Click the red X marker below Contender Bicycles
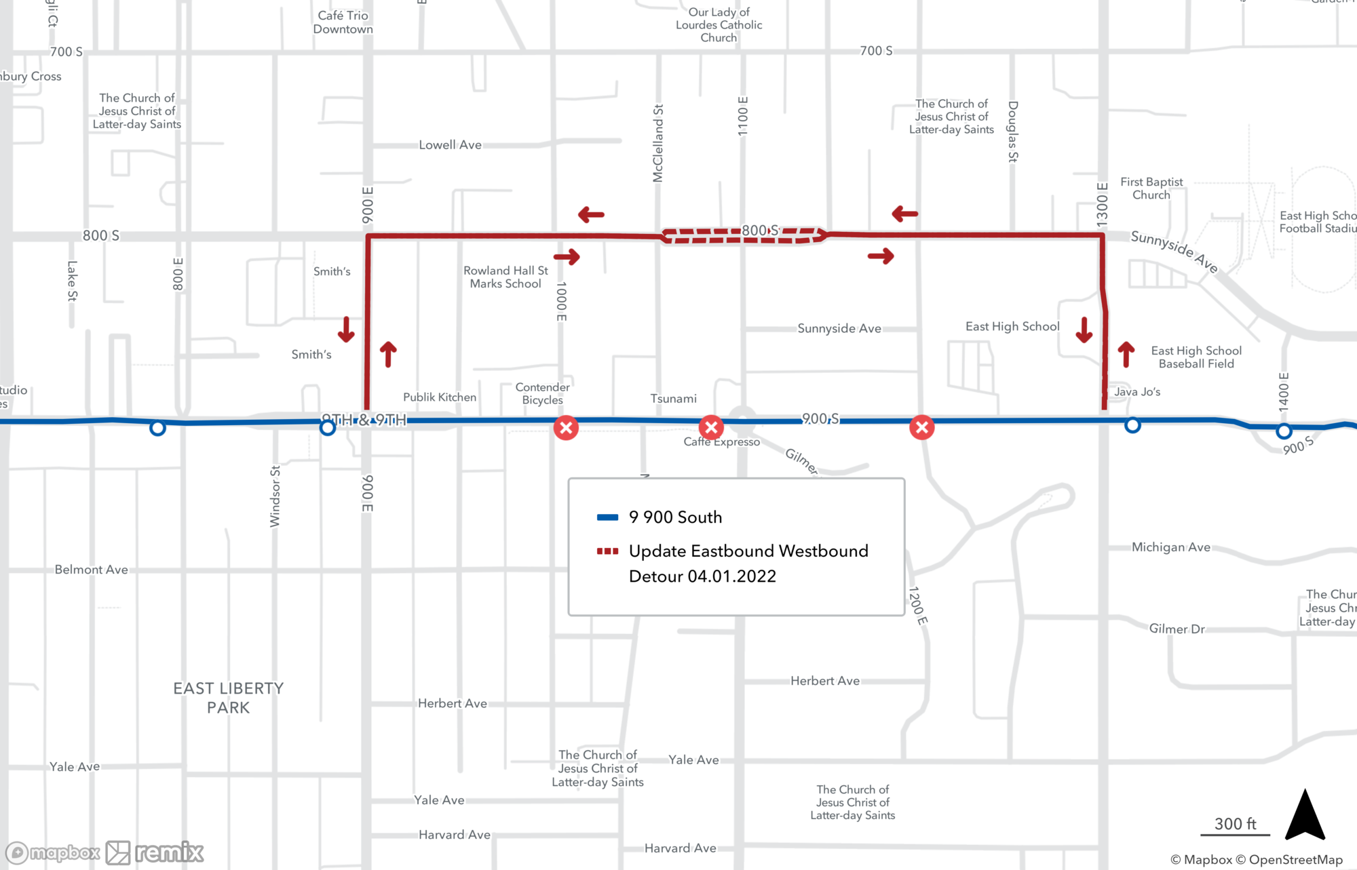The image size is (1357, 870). point(566,428)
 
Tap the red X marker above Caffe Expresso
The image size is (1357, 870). point(711,427)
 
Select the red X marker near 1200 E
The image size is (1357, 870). point(921,427)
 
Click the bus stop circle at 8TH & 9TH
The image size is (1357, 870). point(328,428)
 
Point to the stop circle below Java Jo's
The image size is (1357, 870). point(1132,426)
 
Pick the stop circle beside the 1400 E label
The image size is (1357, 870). point(1283,431)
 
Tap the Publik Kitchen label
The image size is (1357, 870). point(440,397)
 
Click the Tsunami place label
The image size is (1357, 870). point(673,399)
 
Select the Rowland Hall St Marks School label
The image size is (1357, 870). point(505,277)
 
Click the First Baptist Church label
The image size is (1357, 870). point(1151,189)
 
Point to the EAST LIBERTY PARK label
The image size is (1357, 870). point(228,698)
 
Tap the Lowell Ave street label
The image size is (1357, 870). point(450,145)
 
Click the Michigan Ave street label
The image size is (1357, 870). point(1170,547)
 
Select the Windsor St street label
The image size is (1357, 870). point(275,496)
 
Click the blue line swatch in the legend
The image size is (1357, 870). point(607,517)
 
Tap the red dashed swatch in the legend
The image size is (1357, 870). point(607,551)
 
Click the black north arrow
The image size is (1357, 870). point(1305,816)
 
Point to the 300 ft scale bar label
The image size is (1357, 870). point(1235,824)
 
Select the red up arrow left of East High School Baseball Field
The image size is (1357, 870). point(1126,354)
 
